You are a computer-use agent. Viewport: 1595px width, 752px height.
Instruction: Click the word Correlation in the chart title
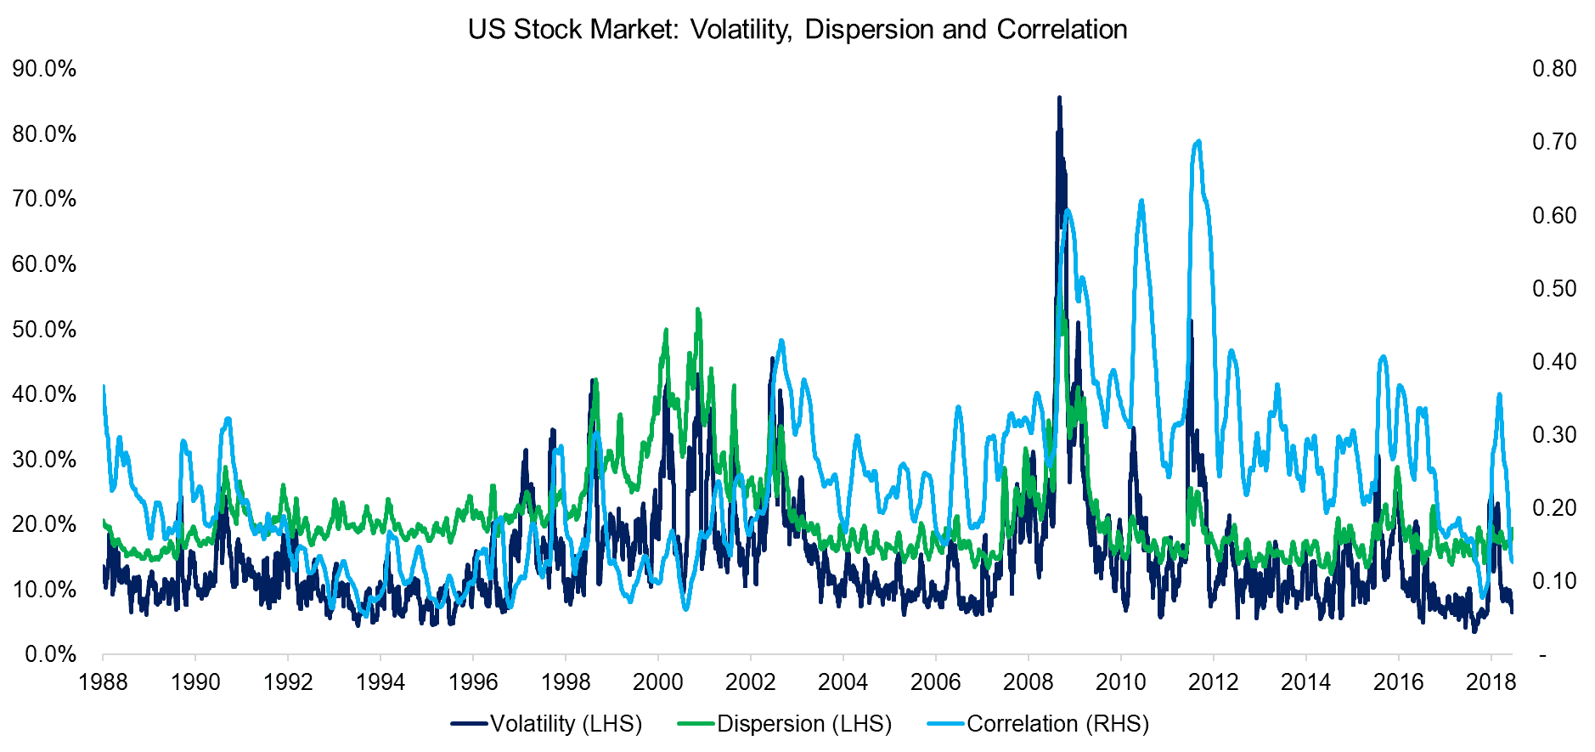pyautogui.click(x=1062, y=30)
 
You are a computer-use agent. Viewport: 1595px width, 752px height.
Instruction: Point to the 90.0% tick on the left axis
pyautogui.click(x=44, y=69)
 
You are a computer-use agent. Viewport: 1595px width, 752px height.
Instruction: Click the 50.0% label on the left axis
pyautogui.click(x=44, y=330)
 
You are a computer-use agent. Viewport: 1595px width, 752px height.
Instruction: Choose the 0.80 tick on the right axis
pyautogui.click(x=1553, y=69)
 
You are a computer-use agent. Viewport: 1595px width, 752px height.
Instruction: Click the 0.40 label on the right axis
pyautogui.click(x=1553, y=362)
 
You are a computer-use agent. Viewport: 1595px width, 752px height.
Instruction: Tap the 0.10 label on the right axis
pyautogui.click(x=1553, y=581)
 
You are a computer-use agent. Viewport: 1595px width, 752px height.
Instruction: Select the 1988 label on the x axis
pyautogui.click(x=103, y=681)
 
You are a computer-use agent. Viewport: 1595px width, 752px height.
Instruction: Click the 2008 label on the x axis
pyautogui.click(x=1029, y=681)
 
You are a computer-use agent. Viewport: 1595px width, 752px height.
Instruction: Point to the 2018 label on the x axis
pyautogui.click(x=1491, y=681)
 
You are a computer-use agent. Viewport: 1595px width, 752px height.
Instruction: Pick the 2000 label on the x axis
pyautogui.click(x=658, y=681)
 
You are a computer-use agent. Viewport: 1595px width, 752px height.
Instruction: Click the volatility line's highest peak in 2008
pyautogui.click(x=1059, y=98)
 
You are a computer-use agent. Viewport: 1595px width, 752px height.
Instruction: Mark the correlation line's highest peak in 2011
pyautogui.click(x=1198, y=142)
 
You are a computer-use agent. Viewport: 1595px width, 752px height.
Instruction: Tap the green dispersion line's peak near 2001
pyautogui.click(x=697, y=310)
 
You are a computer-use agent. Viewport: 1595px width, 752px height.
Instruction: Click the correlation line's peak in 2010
pyautogui.click(x=1141, y=201)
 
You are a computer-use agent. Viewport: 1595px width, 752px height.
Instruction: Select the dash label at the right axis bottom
pyautogui.click(x=1542, y=655)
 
